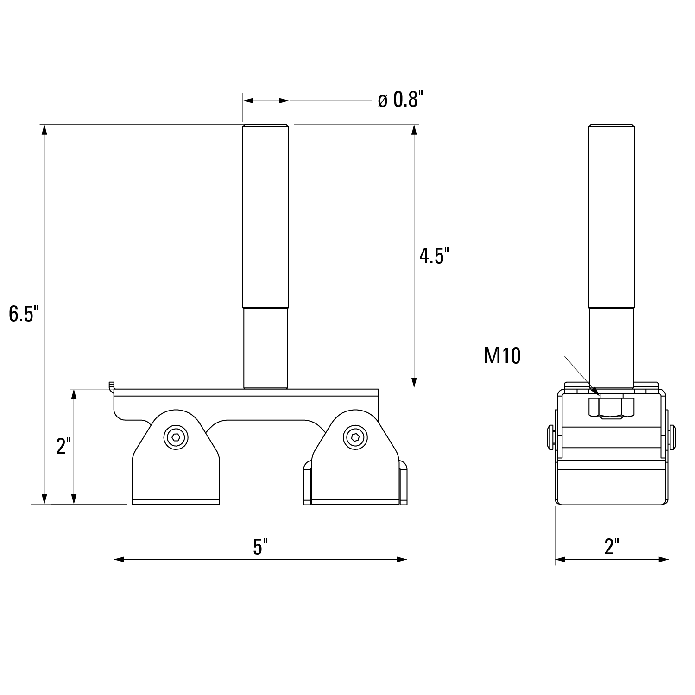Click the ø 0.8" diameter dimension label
click(x=400, y=100)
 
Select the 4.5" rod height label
click(x=434, y=256)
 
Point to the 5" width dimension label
click(x=260, y=547)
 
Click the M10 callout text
click(x=502, y=356)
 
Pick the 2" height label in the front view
click(x=63, y=446)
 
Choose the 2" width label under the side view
click(x=612, y=547)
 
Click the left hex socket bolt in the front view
click(x=177, y=437)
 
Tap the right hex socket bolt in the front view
click(x=355, y=437)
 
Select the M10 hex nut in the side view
click(x=611, y=407)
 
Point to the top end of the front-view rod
click(x=265, y=126)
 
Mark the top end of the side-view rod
click(x=611, y=126)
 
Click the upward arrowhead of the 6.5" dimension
click(x=44, y=130)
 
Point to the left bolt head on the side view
click(x=550, y=436)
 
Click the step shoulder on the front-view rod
click(x=265, y=308)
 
